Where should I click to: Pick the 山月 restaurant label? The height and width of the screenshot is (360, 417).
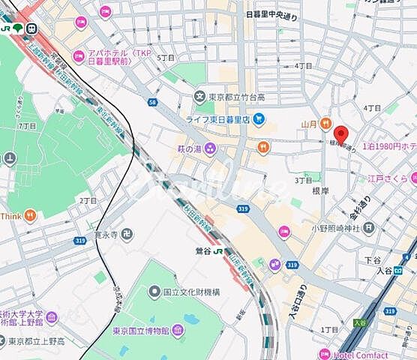pos(310,122)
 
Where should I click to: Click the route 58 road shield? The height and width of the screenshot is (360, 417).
pos(153,102)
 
